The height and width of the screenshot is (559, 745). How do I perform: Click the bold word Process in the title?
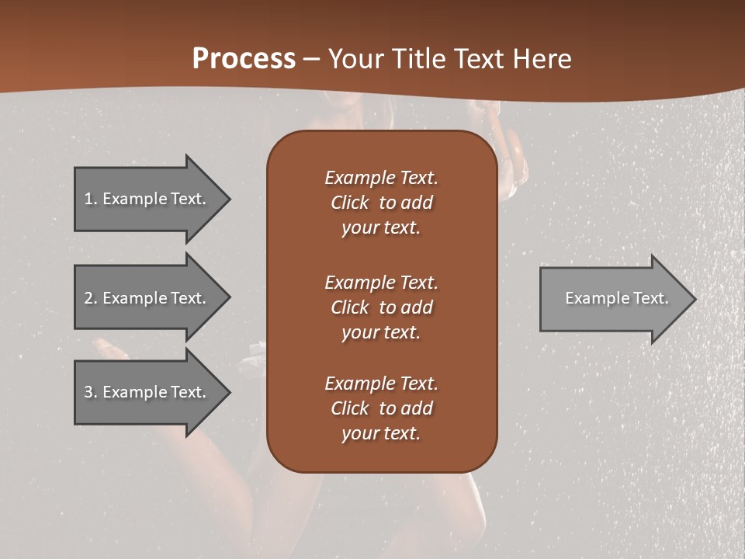(244, 58)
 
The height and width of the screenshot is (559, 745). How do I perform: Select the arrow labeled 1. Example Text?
(147, 199)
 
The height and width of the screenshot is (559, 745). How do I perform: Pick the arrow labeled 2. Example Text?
(147, 298)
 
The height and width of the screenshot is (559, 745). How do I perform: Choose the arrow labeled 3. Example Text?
(147, 392)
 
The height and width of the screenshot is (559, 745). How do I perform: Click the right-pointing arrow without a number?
(613, 298)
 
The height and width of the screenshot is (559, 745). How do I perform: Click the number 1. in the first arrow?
(90, 199)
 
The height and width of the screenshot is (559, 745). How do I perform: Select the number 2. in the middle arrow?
(90, 298)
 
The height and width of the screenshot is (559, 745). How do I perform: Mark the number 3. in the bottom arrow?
(90, 392)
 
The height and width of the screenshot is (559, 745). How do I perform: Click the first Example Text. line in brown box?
(381, 178)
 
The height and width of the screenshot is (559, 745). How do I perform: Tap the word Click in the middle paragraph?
(350, 307)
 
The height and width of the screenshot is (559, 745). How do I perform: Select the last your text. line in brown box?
(381, 433)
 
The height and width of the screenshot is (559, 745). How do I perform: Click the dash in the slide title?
(312, 58)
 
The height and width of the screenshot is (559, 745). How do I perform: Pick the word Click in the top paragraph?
(350, 203)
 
